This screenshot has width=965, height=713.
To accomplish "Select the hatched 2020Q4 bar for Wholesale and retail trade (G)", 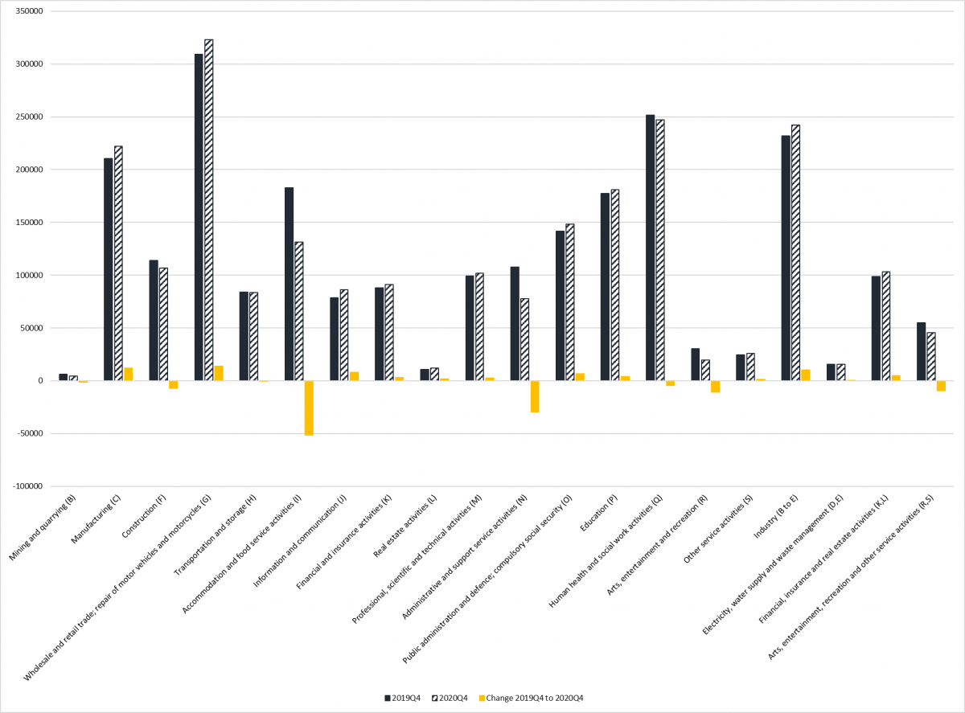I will point(209,210).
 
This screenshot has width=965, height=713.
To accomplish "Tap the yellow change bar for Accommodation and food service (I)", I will point(309,408).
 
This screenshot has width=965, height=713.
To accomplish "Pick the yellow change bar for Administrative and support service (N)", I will point(535,396).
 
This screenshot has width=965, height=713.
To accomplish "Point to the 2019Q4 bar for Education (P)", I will point(605,286).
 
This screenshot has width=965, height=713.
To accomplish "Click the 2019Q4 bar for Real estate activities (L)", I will point(425,375).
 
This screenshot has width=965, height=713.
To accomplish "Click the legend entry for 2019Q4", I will point(405,698).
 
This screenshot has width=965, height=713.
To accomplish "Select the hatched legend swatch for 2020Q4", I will point(434,698).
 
